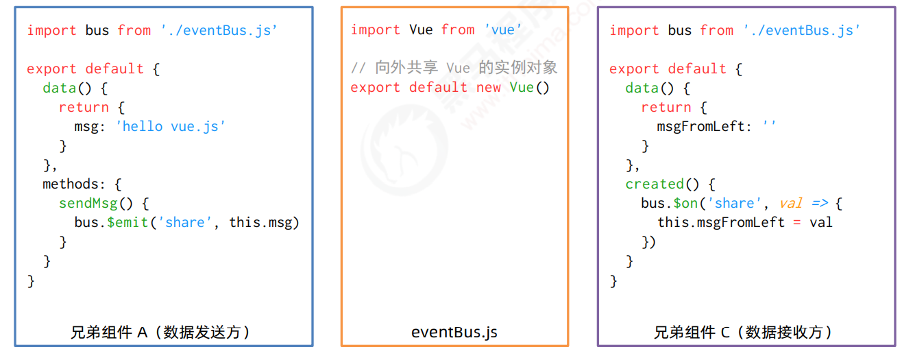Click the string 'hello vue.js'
171,126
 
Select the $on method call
685,203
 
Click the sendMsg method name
88,203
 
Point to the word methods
71,184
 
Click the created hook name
655,184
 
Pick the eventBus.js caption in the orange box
454,332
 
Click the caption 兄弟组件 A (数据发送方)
160,332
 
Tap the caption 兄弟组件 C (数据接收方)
742,332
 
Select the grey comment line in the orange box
454,67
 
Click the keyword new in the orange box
489,87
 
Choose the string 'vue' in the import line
503,29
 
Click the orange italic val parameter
791,203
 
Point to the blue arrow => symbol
820,203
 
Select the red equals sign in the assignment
796,222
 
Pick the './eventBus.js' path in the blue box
219,30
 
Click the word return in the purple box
666,107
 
